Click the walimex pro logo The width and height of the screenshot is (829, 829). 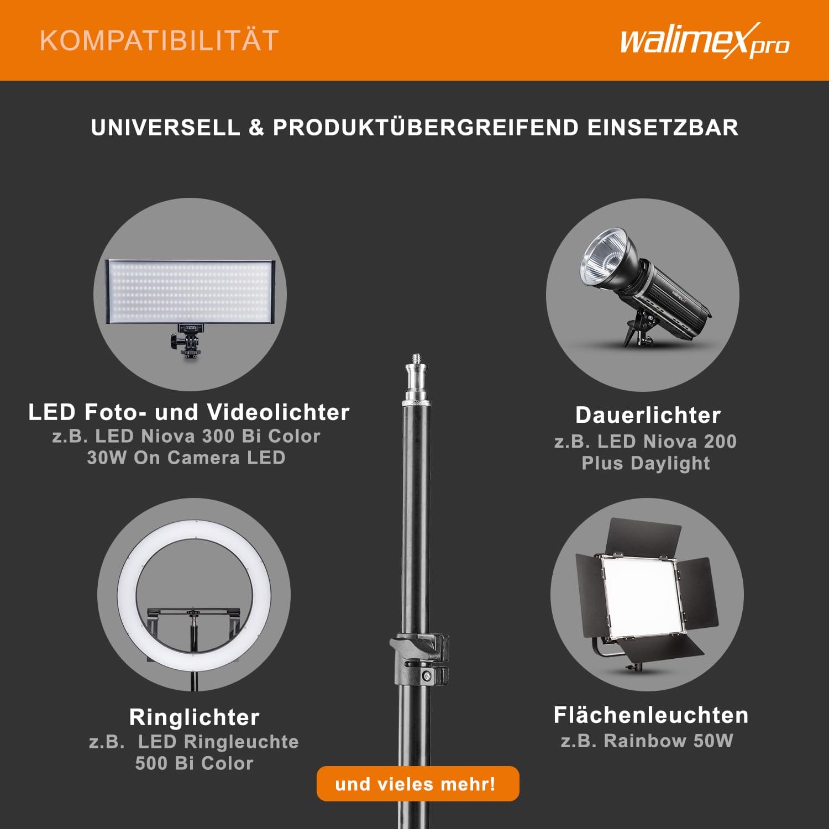pyautogui.click(x=705, y=41)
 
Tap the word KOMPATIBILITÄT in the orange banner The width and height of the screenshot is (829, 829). pyautogui.click(x=159, y=41)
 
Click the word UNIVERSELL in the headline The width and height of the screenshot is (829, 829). pyautogui.click(x=165, y=128)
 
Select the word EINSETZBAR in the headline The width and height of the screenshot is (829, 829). pyautogui.click(x=663, y=128)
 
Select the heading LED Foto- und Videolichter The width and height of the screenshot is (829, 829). pyautogui.click(x=189, y=412)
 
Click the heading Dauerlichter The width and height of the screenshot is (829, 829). pyautogui.click(x=648, y=415)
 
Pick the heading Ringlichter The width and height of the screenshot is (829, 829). pyautogui.click(x=195, y=717)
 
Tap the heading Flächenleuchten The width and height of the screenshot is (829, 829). pyautogui.click(x=651, y=715)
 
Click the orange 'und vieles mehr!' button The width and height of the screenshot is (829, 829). pyautogui.click(x=418, y=784)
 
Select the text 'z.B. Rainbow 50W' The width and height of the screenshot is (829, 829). pyautogui.click(x=647, y=741)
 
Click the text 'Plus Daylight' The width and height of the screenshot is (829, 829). pyautogui.click(x=646, y=463)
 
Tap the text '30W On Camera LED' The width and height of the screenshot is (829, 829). pyautogui.click(x=186, y=458)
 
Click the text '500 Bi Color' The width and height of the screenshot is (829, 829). pyautogui.click(x=194, y=763)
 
